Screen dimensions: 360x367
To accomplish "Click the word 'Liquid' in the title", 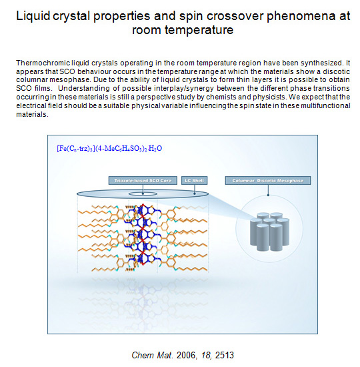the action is (33, 17).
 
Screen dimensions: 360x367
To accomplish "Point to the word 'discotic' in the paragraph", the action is (337, 71).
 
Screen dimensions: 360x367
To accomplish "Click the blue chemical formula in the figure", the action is (109, 148).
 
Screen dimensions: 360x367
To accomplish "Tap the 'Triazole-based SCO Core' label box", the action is (143, 180).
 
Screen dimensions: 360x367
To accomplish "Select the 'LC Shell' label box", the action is (194, 180).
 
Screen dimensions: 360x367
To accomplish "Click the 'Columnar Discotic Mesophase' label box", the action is (268, 180).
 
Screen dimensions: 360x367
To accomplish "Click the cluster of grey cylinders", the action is (269, 232).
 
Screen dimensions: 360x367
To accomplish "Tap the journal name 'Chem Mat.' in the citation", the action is (153, 355).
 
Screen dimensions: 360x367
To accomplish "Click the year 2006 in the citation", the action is (187, 355).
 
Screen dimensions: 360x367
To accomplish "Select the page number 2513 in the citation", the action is (224, 355).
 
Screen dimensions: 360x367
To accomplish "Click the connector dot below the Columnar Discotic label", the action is (268, 195).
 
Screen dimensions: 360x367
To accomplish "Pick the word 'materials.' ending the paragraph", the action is (32, 115).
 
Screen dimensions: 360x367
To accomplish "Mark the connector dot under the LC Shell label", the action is (195, 194).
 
